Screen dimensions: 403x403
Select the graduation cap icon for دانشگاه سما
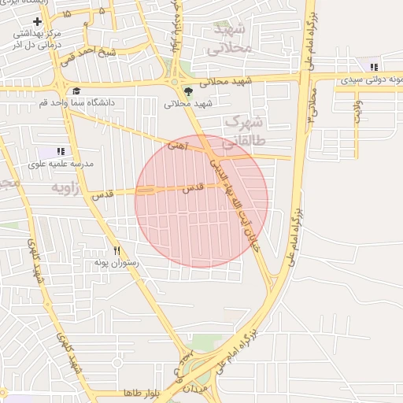(x=76, y=91)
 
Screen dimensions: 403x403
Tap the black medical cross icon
(x=37, y=20)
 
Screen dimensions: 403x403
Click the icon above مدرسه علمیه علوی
(x=61, y=151)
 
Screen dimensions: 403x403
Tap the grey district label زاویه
(x=68, y=189)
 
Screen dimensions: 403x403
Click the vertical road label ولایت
(x=357, y=109)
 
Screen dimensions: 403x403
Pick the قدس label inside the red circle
(x=193, y=189)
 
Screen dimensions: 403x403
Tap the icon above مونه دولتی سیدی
(x=373, y=68)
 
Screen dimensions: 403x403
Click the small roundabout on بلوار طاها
(x=117, y=364)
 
